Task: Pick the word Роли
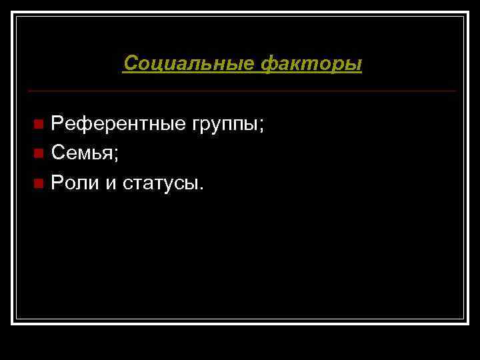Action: coord(74,183)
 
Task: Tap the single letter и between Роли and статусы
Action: coord(109,184)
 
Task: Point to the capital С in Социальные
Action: coord(131,64)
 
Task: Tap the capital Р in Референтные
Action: coord(57,123)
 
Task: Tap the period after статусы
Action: coord(201,188)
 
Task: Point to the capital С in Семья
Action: coord(59,153)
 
